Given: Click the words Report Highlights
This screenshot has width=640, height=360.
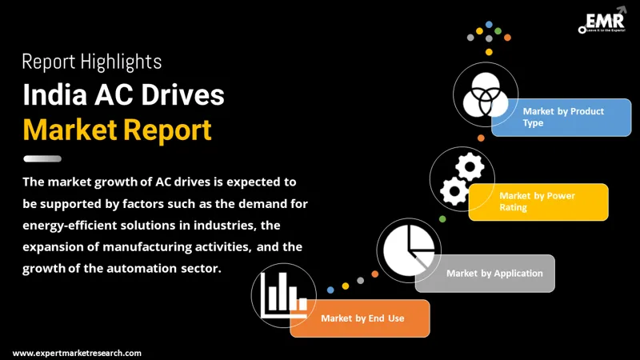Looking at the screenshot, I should point(92,62).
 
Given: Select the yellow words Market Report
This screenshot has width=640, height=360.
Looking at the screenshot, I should point(117,129).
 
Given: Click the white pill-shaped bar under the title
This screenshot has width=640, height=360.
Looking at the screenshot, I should point(42,158).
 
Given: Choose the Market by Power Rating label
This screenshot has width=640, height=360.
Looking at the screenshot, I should point(537,201).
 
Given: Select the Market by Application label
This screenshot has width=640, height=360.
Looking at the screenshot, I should point(494,274).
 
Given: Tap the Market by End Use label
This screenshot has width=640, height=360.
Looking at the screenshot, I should point(362,318).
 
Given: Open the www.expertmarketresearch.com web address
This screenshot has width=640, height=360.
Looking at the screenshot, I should point(77,353).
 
